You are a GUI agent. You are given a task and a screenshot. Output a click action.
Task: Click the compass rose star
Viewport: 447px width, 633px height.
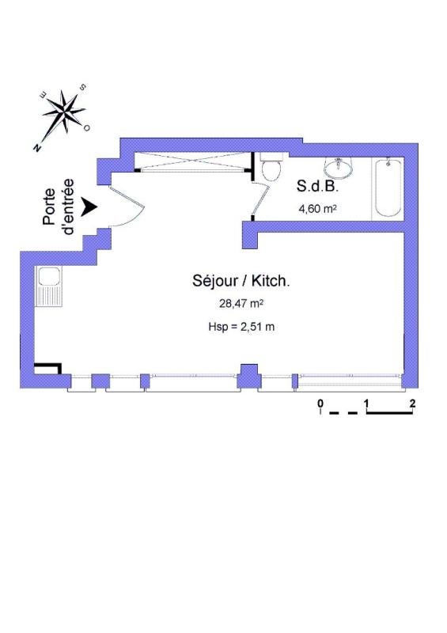pyautogui.click(x=64, y=111)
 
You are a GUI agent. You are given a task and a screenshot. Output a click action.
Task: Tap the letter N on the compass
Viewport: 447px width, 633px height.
pyautogui.click(x=37, y=148)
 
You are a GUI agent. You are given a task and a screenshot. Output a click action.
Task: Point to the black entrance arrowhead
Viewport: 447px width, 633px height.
pyautogui.click(x=89, y=207)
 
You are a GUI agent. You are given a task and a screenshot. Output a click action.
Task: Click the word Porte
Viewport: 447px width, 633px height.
pyautogui.click(x=49, y=207)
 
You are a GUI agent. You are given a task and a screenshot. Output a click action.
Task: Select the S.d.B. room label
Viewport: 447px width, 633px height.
pyautogui.click(x=317, y=186)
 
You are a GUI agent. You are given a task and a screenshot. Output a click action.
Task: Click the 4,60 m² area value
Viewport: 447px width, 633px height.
pyautogui.click(x=318, y=209)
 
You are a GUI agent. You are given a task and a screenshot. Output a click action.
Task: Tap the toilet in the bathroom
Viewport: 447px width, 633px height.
pyautogui.click(x=271, y=167)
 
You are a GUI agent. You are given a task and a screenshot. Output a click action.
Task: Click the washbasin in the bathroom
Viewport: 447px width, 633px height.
pyautogui.click(x=339, y=168)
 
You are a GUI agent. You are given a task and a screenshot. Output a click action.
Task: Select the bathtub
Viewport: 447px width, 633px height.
pyautogui.click(x=388, y=188)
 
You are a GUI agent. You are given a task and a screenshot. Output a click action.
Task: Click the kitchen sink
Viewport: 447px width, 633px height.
pyautogui.click(x=49, y=286)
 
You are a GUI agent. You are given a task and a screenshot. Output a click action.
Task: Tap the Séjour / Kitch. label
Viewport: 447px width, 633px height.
pyautogui.click(x=241, y=281)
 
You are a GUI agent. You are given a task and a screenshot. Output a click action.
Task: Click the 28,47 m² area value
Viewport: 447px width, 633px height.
pyautogui.click(x=241, y=304)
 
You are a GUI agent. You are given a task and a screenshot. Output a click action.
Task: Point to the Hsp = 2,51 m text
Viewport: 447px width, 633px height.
pyautogui.click(x=241, y=327)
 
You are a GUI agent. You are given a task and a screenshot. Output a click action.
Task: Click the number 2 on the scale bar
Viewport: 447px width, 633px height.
pyautogui.click(x=412, y=403)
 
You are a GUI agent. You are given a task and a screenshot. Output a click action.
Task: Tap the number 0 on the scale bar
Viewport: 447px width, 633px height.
pyautogui.click(x=320, y=403)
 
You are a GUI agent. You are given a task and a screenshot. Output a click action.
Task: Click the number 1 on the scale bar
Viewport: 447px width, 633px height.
pyautogui.click(x=366, y=403)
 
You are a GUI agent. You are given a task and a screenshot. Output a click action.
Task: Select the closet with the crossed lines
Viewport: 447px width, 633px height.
pyautogui.click(x=192, y=162)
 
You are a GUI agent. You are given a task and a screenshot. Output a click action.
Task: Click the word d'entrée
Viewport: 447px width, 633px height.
pyautogui.click(x=67, y=207)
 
